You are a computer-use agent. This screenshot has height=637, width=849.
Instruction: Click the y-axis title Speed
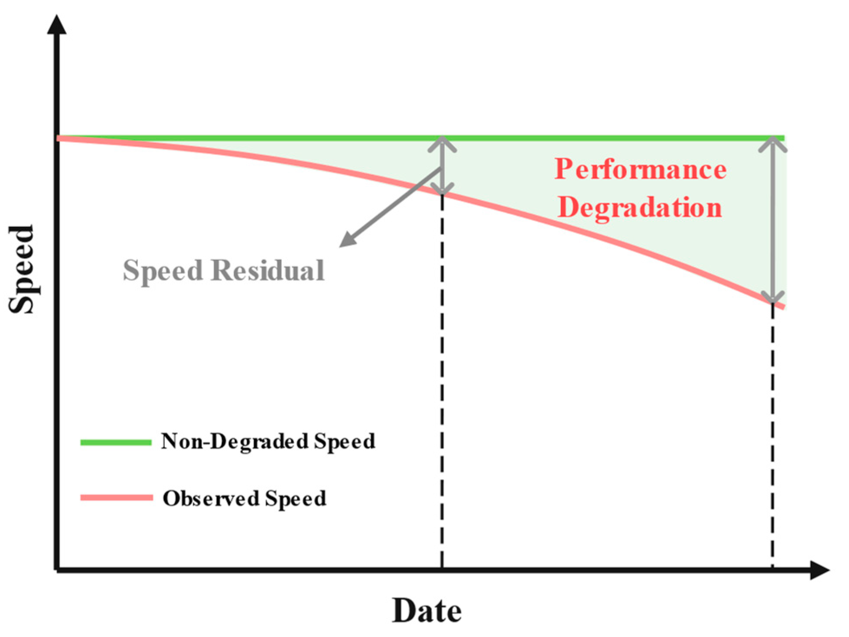(x=22, y=269)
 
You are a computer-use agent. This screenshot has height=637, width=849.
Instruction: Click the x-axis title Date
(x=426, y=611)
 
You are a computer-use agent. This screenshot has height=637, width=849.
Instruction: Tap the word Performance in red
(x=641, y=169)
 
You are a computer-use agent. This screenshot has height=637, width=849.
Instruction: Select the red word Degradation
(x=640, y=208)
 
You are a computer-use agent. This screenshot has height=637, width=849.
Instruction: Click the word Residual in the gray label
(x=268, y=270)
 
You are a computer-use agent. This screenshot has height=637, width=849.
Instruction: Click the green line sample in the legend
(x=116, y=442)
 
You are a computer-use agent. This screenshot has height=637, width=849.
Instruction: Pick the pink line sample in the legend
(x=116, y=498)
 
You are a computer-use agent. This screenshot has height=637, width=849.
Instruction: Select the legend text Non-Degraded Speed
(x=268, y=441)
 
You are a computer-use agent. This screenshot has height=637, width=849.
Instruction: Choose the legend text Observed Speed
(x=244, y=498)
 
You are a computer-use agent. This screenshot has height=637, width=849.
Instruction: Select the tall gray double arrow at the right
(x=773, y=220)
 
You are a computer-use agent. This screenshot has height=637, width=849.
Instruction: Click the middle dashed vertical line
(x=442, y=382)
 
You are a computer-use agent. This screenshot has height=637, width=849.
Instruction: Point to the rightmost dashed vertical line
(x=773, y=434)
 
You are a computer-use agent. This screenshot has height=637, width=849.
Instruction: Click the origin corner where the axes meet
(x=57, y=570)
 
